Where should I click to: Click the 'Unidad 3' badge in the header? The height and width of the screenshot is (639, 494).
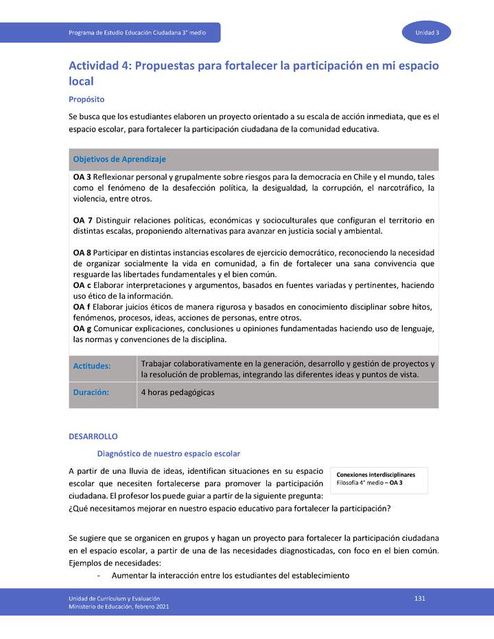tap(432, 33)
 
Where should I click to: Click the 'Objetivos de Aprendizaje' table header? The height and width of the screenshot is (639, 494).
tap(119, 159)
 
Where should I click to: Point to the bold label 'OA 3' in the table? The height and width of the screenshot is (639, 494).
tap(83, 177)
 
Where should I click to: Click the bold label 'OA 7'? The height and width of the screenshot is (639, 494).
tap(83, 221)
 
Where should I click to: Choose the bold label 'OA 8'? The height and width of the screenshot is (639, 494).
tap(83, 253)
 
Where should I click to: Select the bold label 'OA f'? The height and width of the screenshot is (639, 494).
tap(82, 307)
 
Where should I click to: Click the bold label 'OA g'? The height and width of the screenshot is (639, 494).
tap(83, 329)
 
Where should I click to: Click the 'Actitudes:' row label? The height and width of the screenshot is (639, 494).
tap(92, 366)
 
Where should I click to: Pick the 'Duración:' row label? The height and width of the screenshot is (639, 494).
tap(91, 393)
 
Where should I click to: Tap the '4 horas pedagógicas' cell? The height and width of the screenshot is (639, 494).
tap(178, 393)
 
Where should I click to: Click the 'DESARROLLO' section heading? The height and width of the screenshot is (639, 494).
tap(93, 436)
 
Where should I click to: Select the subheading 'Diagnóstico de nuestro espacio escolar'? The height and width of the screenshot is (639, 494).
tap(169, 454)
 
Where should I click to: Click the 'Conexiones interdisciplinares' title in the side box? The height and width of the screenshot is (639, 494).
tap(375, 474)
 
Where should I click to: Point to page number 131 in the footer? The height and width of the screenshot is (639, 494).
tap(420, 599)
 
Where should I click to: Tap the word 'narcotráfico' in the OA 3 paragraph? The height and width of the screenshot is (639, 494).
tap(395, 188)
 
